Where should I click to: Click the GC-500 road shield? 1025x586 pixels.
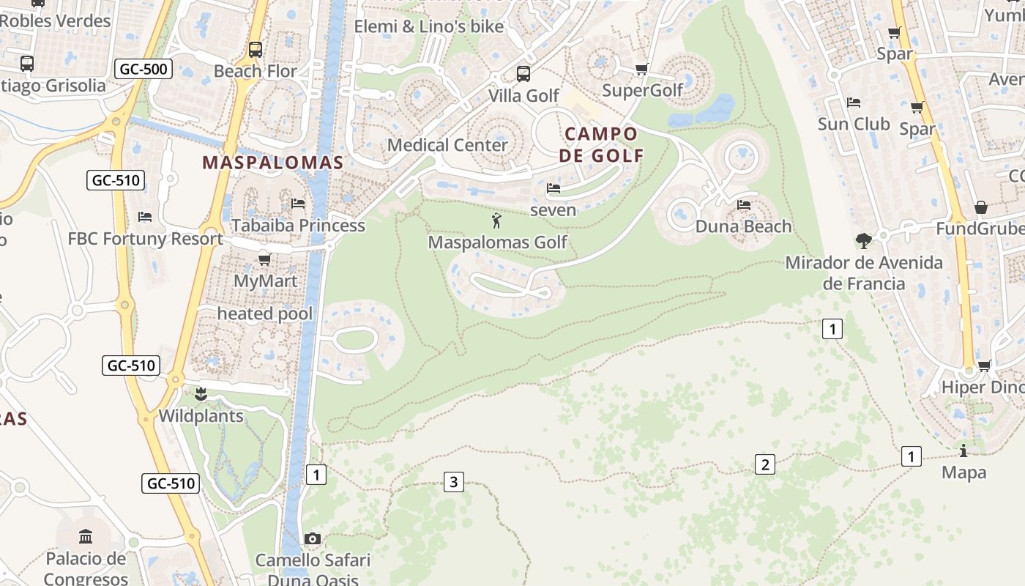[x=143, y=70]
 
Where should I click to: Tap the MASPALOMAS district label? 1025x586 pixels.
[x=273, y=163]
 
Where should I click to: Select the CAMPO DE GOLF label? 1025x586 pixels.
[x=601, y=144]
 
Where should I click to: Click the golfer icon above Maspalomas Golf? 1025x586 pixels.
[x=496, y=220]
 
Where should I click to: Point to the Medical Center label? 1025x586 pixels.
[x=447, y=145]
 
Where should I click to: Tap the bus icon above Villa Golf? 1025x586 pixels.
[x=523, y=73]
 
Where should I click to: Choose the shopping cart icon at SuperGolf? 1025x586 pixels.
[x=641, y=70]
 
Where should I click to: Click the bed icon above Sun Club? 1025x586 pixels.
[x=853, y=102]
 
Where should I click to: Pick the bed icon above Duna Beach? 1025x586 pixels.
[x=744, y=205]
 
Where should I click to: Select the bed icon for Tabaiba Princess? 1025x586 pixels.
[x=298, y=203]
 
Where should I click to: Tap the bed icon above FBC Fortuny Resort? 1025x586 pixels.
[x=145, y=217]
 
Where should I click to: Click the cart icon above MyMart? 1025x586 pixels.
[x=265, y=259]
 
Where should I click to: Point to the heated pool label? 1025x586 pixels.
[x=265, y=314]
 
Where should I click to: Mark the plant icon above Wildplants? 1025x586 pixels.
[x=201, y=395]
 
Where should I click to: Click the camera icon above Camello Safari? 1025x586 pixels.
[x=313, y=539]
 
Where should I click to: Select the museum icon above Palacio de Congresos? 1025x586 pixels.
[x=86, y=537]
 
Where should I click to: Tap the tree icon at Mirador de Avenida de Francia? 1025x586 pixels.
[x=864, y=240]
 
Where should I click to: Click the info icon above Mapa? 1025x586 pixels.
[x=963, y=450]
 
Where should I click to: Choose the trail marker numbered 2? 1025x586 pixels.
[x=765, y=464]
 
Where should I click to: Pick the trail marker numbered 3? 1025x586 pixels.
[x=454, y=481]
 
